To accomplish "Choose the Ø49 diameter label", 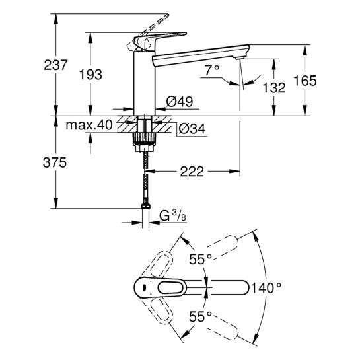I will point(179,102).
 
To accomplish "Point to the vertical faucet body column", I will point(143,83).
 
